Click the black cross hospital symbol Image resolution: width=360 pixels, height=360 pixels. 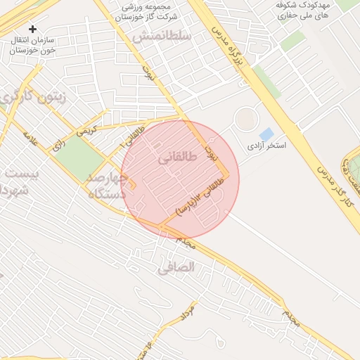tap(32, 29)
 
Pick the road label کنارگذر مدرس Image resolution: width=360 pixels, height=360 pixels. tap(334, 186)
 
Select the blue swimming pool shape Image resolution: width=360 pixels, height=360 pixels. tap(266, 134)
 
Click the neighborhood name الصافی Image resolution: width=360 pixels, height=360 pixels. tap(176, 267)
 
